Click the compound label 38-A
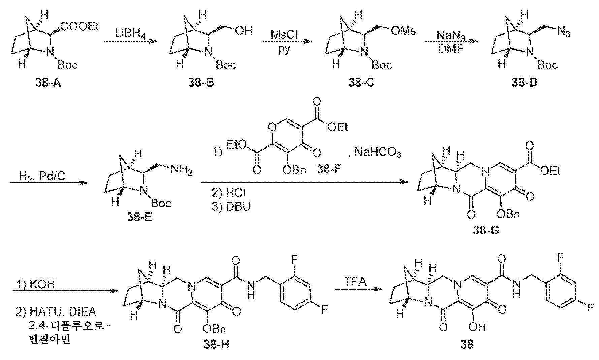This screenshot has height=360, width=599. (x=49, y=83)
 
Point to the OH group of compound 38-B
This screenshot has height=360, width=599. (x=244, y=31)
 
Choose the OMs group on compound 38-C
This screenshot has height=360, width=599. (x=404, y=31)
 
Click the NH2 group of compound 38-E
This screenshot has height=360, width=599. (x=182, y=170)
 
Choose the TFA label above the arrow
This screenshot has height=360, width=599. (x=355, y=281)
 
